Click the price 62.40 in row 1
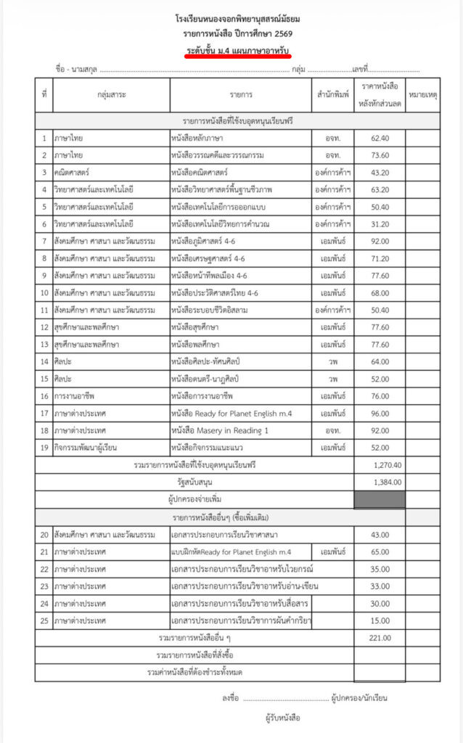coord(380,137)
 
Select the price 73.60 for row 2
coord(380,155)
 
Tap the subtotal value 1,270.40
coord(388,464)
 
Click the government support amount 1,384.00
coord(388,482)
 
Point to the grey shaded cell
coord(380,499)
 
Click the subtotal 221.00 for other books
coord(380,638)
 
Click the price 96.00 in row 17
coord(380,412)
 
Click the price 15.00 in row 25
coord(380,621)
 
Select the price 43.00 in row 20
coord(380,535)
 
